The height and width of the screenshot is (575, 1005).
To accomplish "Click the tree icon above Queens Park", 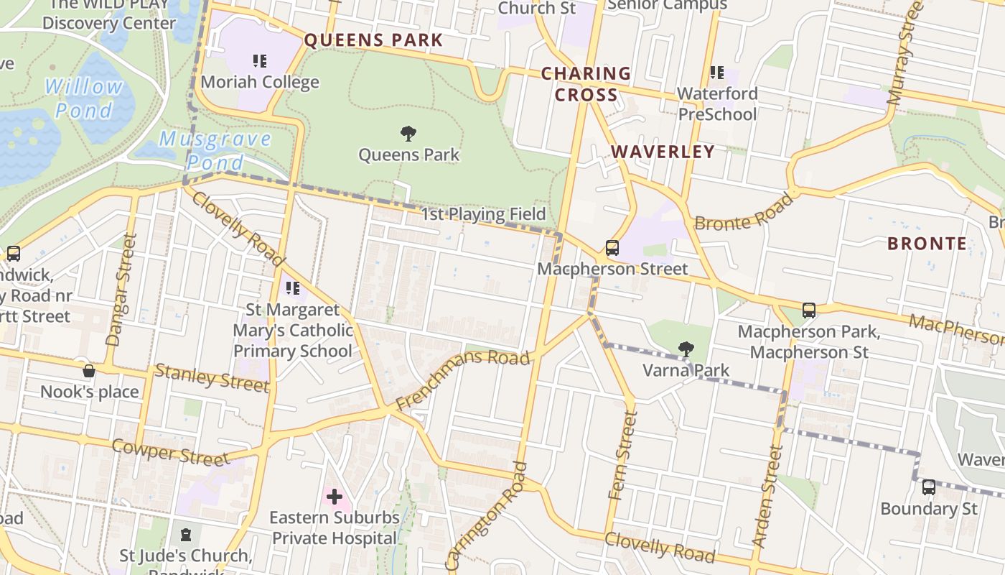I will (x=408, y=133).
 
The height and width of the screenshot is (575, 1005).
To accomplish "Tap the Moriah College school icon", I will (x=260, y=61).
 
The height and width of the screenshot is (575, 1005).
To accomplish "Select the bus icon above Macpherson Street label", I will (x=612, y=248).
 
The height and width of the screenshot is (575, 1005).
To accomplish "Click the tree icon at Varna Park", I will (x=686, y=349).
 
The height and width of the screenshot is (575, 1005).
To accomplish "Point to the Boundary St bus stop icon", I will (x=929, y=487).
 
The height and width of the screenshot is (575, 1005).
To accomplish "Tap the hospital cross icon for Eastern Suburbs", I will (x=334, y=497).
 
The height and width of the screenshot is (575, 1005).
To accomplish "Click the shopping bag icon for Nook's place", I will (x=89, y=371).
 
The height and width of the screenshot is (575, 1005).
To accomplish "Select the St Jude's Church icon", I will (x=186, y=535).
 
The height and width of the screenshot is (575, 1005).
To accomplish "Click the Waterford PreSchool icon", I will (x=717, y=73).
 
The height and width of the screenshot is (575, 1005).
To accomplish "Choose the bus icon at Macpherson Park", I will (x=809, y=310).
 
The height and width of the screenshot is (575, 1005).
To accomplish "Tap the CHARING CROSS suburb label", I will (x=586, y=84).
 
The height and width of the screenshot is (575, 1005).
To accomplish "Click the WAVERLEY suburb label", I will (x=663, y=152).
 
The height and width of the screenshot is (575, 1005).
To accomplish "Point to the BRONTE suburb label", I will (x=927, y=244).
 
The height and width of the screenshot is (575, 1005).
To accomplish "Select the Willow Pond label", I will (x=84, y=98).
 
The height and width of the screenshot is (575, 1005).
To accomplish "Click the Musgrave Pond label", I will (x=215, y=149).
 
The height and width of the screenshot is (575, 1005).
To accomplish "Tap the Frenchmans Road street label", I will (x=463, y=379).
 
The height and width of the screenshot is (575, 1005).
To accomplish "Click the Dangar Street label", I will (x=121, y=289).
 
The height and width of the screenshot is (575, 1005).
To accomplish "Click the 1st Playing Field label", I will (x=482, y=214).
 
